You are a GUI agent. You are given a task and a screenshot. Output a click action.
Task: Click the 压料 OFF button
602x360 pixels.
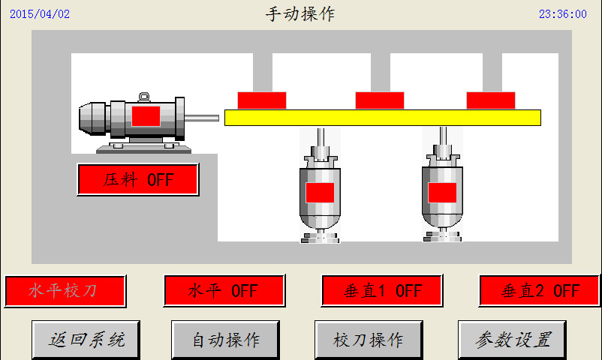(x=138, y=179)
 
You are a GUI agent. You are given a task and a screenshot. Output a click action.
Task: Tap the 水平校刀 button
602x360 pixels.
(x=65, y=291)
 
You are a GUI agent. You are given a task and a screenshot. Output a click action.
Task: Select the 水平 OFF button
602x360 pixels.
(x=224, y=290)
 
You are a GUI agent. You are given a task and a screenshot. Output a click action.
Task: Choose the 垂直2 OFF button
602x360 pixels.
(x=539, y=291)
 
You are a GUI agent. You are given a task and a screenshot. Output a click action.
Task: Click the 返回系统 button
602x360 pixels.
(x=86, y=340)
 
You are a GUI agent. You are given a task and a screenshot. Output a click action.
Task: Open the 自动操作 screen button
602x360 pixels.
(x=225, y=340)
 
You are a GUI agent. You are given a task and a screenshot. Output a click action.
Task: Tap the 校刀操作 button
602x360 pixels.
(x=369, y=340)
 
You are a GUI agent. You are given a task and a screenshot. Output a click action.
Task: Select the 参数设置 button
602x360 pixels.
(x=512, y=340)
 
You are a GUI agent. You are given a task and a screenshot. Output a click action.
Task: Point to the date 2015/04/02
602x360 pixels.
(x=40, y=14)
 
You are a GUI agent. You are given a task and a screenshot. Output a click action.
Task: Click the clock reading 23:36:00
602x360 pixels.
(x=563, y=14)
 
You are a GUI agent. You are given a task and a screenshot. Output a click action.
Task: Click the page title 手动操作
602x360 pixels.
(x=300, y=14)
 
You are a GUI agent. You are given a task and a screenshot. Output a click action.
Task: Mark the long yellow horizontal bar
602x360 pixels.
(x=383, y=118)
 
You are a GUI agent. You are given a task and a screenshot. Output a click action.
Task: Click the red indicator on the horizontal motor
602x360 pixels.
(x=146, y=116)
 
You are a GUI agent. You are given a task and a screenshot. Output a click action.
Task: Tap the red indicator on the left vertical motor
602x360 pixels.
(x=320, y=193)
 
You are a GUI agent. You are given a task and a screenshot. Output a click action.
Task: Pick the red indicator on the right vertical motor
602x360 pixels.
(x=442, y=193)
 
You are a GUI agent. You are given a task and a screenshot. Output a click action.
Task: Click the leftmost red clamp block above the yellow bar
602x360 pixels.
(x=262, y=100)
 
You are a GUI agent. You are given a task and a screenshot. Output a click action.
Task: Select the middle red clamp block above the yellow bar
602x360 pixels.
(x=380, y=100)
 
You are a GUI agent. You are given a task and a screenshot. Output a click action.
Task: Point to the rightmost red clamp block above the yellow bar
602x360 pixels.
(x=491, y=100)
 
